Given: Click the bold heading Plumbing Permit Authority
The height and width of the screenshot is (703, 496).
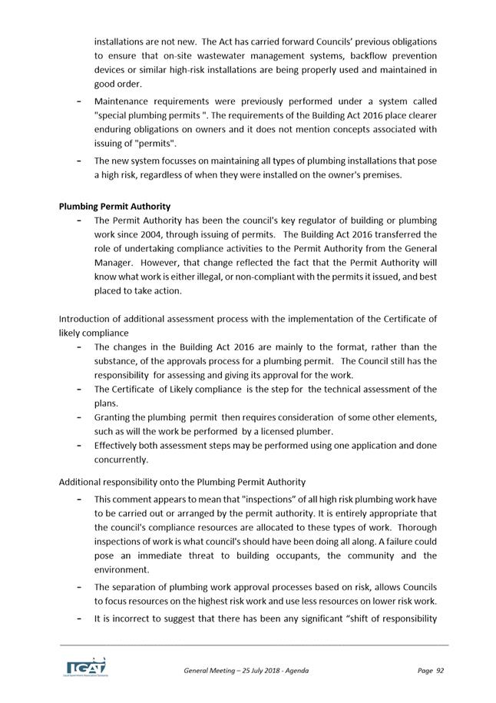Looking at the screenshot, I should (x=114, y=206).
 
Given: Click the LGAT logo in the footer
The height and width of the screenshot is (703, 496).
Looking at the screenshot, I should (x=85, y=666).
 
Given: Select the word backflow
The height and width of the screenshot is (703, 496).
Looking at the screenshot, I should (x=362, y=55).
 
